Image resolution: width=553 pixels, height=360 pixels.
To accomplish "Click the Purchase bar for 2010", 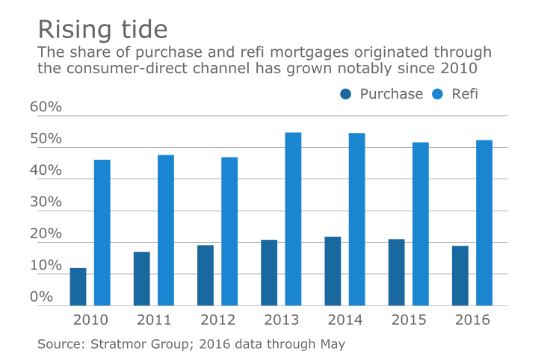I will click(x=78, y=287).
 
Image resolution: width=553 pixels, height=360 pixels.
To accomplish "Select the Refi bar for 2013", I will click(x=293, y=219).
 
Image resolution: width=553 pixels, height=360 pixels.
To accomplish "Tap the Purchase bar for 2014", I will click(x=333, y=271).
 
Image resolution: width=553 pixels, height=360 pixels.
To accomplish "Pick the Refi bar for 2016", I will click(x=484, y=223).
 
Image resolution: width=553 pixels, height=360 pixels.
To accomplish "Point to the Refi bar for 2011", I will click(x=166, y=230).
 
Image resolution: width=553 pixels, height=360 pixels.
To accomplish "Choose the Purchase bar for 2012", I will click(x=206, y=275).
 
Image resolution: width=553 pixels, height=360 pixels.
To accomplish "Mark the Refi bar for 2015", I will click(x=421, y=224).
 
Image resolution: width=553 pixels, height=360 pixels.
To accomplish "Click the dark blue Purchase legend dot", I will click(x=345, y=94).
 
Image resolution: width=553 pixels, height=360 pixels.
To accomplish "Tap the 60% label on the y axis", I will click(x=46, y=108).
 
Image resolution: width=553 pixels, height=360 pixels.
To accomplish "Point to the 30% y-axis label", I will click(x=46, y=202).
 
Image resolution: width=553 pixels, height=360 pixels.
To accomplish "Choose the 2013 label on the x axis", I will click(x=281, y=320).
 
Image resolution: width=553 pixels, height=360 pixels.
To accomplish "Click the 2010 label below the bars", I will click(x=90, y=320).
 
